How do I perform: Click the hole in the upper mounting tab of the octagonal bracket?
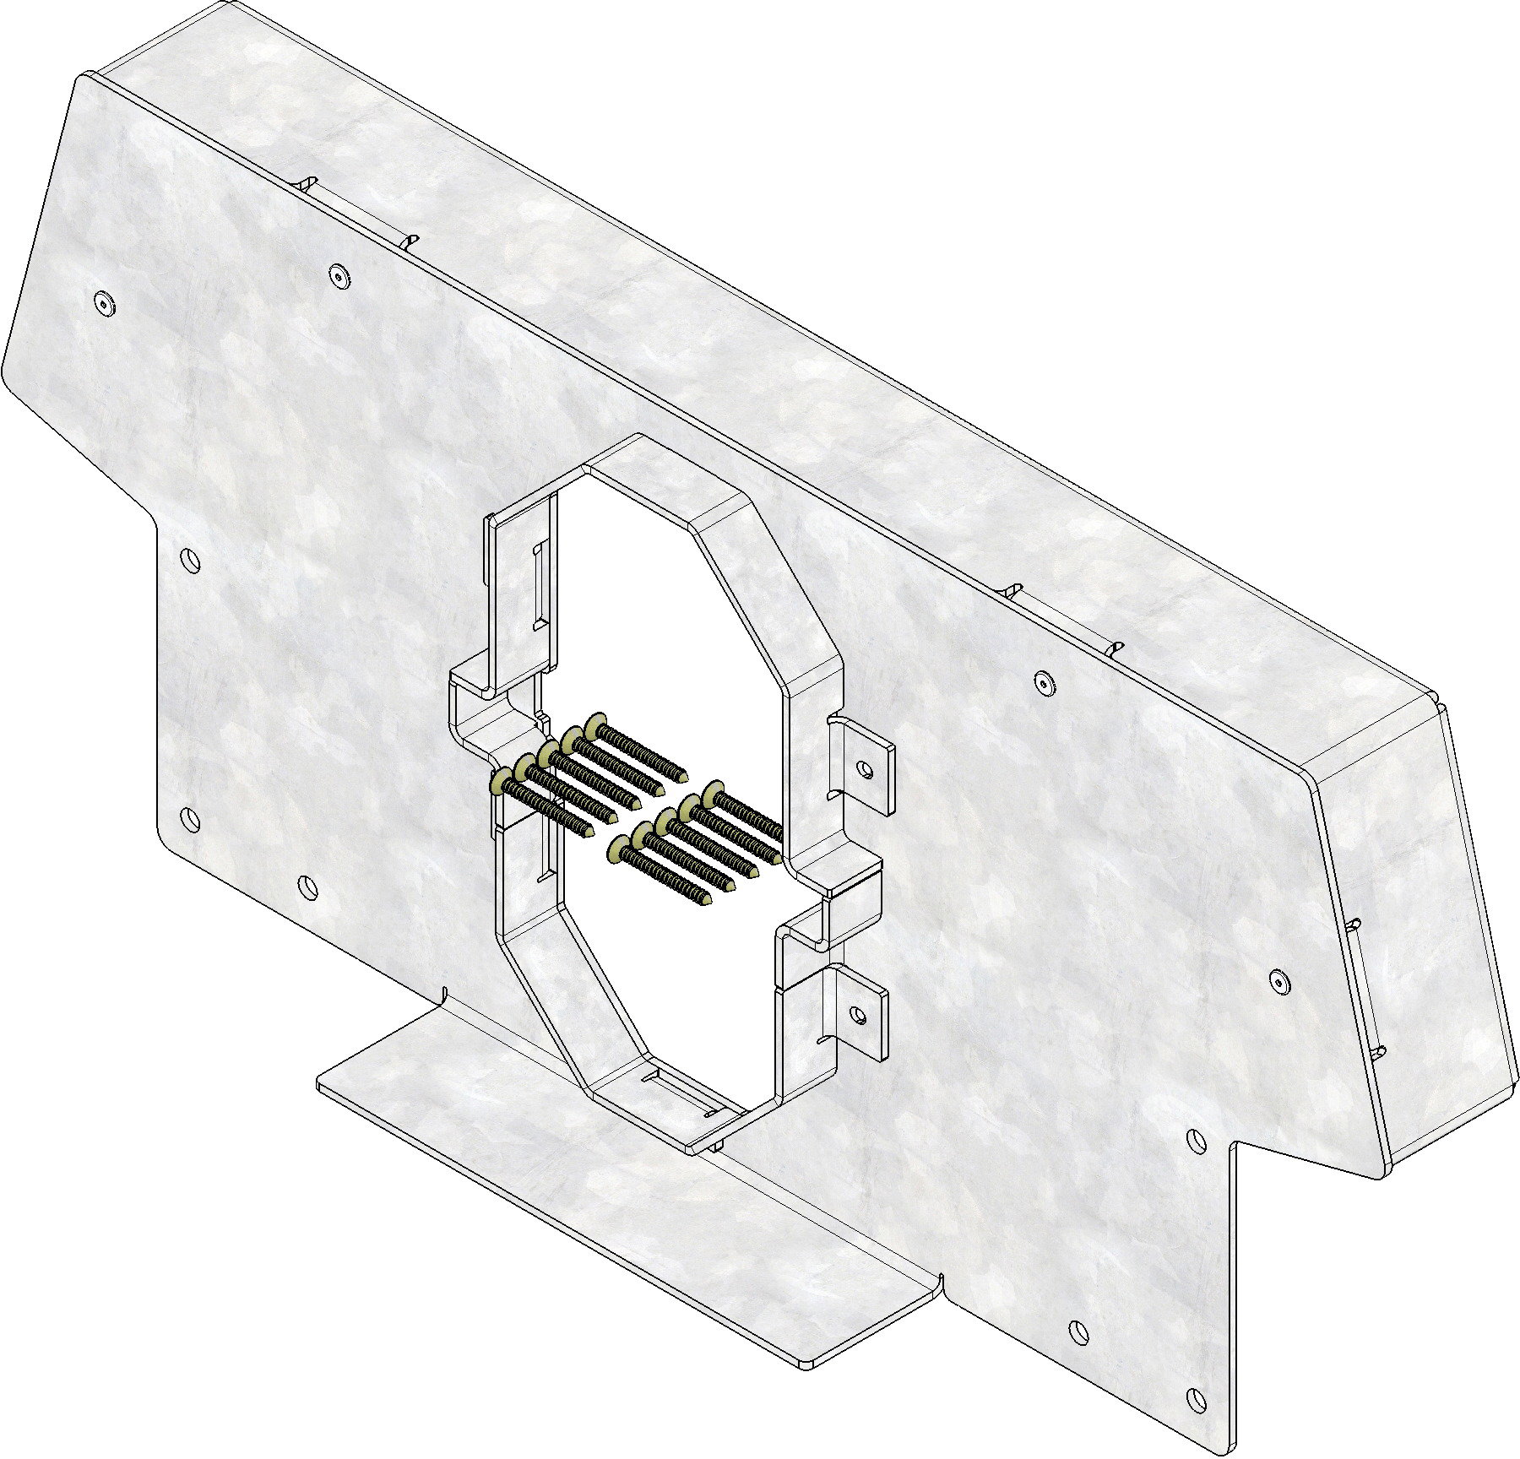click(864, 768)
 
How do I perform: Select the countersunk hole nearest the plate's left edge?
click(105, 303)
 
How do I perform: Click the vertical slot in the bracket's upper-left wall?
click(536, 587)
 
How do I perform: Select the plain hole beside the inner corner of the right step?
click(1197, 1140)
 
